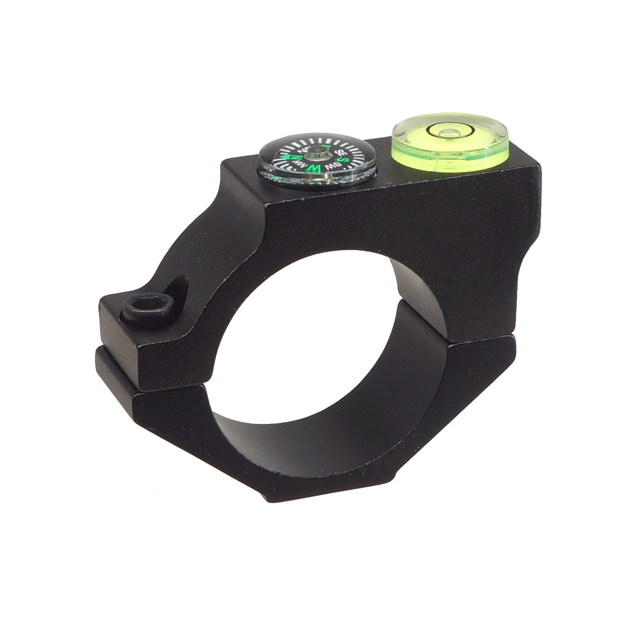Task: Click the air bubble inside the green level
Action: click(x=447, y=130)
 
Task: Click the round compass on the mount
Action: click(x=318, y=160)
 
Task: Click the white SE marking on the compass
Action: click(x=342, y=152)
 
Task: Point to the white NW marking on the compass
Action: click(x=300, y=165)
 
